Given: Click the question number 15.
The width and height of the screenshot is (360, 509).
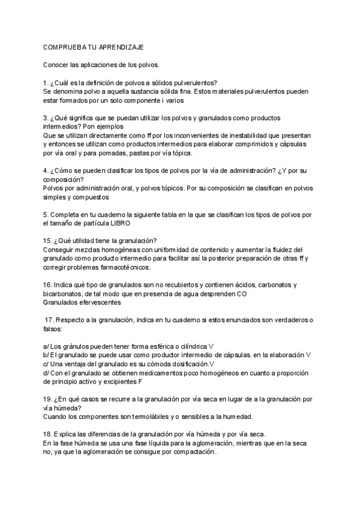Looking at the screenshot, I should (x=48, y=241).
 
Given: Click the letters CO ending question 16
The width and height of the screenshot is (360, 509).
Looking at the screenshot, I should (x=241, y=294).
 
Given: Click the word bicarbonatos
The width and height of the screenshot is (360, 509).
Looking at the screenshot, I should (x=65, y=294).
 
